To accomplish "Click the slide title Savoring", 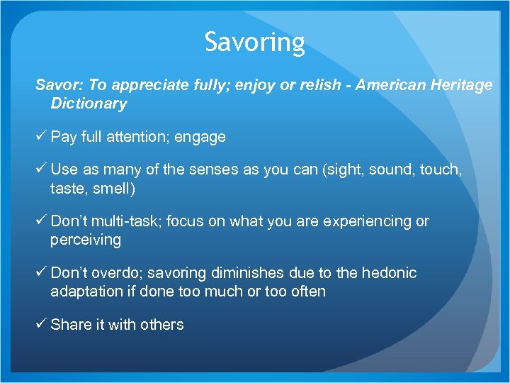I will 255,43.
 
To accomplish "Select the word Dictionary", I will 89,104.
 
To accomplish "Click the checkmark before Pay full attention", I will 41,137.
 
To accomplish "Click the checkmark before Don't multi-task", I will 41,221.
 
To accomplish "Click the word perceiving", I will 86,240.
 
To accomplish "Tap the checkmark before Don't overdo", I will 41,273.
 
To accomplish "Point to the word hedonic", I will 390,273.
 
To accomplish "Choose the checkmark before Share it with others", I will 41,324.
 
